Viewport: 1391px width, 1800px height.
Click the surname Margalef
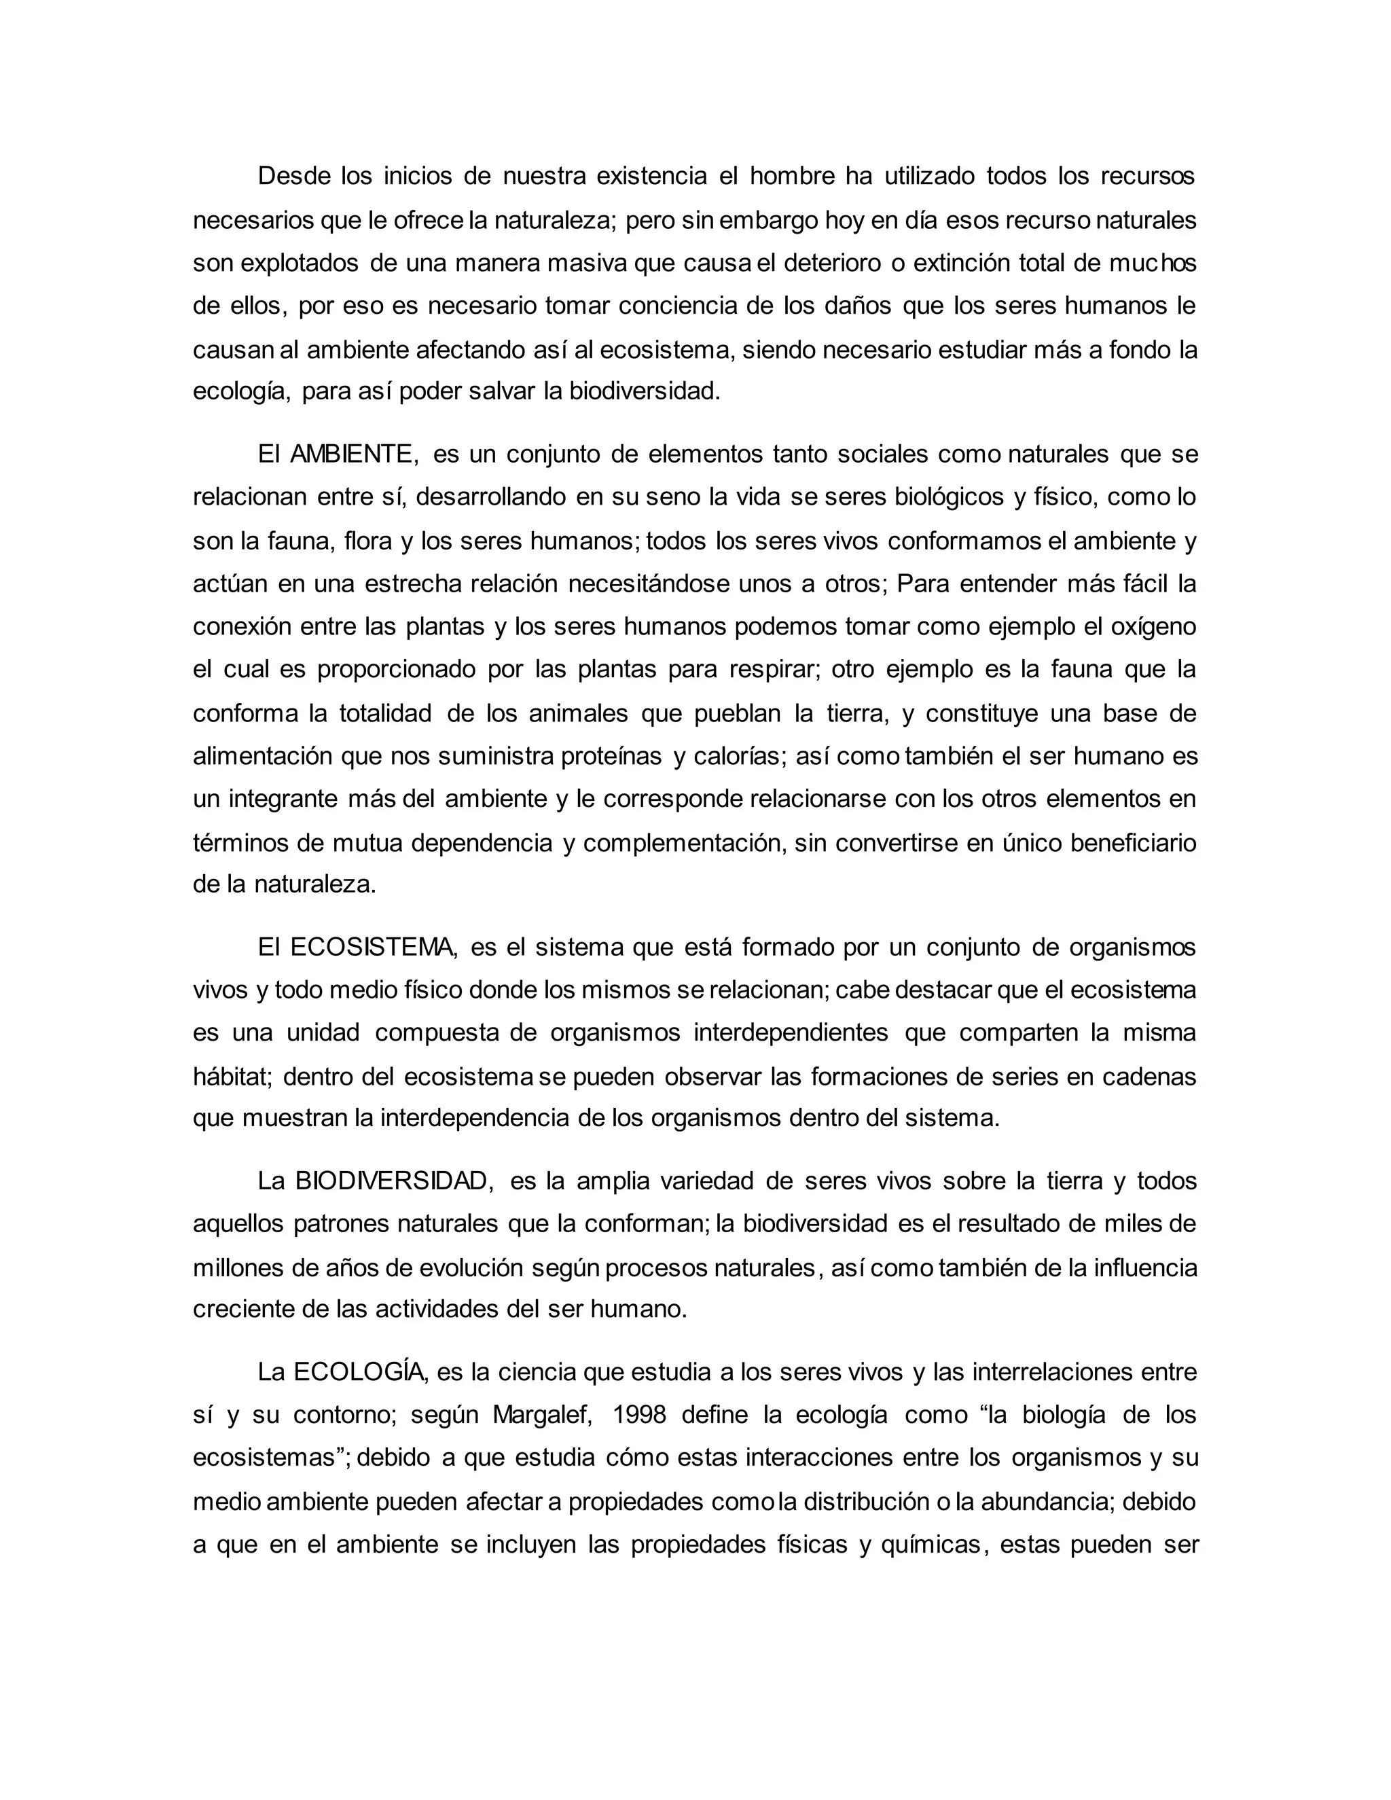542,1415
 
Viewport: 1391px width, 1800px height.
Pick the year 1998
647,1415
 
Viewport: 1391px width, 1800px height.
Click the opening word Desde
294,175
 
